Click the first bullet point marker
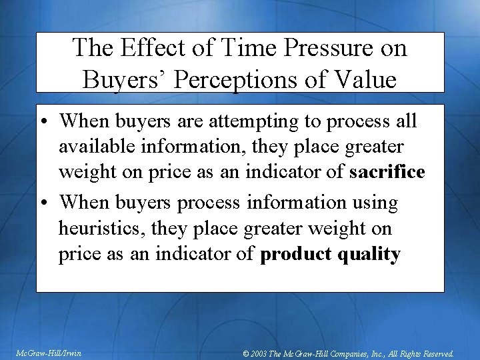pyautogui.click(x=45, y=122)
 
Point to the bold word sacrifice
pyautogui.click(x=387, y=172)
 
